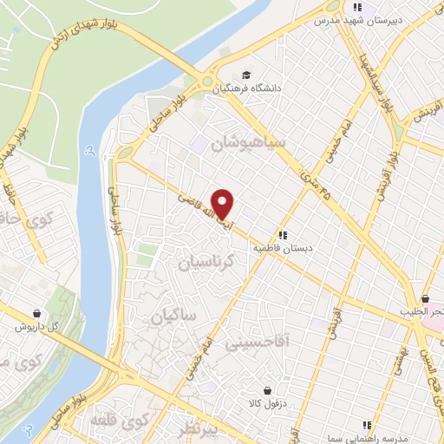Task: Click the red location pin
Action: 224,203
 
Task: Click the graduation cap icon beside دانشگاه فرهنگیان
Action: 246,75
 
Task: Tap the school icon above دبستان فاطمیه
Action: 283,234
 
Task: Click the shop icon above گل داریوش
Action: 36,314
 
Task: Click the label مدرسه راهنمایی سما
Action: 368,440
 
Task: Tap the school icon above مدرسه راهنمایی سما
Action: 368,426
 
